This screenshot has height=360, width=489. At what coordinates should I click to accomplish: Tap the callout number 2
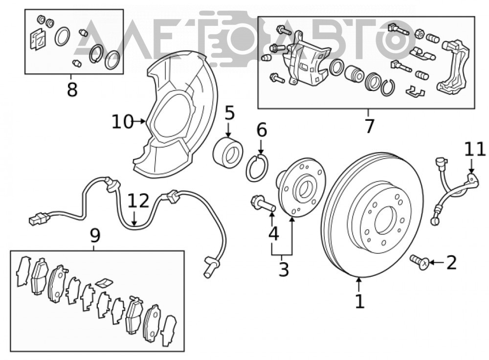click(451, 262)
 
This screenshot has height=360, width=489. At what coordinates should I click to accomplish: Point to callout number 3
click(284, 269)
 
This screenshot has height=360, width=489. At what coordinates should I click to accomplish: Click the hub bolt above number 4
click(263, 204)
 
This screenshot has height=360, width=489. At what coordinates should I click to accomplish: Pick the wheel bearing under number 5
click(228, 153)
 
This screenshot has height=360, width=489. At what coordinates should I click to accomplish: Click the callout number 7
click(369, 126)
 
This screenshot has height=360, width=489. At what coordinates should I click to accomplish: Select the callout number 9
click(95, 236)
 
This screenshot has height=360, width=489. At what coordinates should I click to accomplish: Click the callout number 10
click(123, 121)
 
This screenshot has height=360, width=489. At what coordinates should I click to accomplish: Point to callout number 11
click(475, 149)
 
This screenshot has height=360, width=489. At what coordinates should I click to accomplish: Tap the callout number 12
click(139, 201)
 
